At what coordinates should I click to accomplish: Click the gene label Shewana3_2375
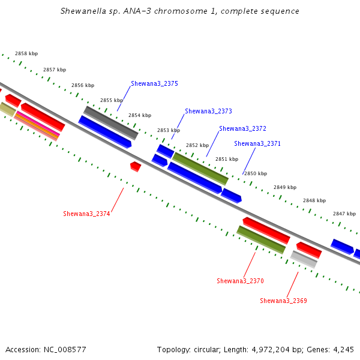click(x=154, y=83)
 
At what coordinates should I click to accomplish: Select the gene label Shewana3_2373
click(x=208, y=111)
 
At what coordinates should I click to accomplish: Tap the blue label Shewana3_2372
click(x=242, y=128)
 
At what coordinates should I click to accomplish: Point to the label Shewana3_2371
click(x=257, y=143)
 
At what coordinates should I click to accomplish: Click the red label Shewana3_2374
click(x=86, y=214)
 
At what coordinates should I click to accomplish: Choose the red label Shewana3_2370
click(x=240, y=281)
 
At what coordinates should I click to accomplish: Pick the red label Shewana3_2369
click(x=283, y=301)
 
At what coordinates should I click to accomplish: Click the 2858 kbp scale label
click(x=26, y=53)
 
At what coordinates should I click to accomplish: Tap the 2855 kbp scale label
click(x=112, y=100)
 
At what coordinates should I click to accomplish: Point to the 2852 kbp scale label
click(x=197, y=145)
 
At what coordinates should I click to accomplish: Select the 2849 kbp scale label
click(x=285, y=187)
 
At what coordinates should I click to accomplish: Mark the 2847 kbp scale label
click(x=344, y=214)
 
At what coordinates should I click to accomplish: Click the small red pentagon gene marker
click(x=136, y=166)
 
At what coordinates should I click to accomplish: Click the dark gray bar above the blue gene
click(x=111, y=123)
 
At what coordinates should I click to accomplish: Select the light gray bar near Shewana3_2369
click(x=304, y=259)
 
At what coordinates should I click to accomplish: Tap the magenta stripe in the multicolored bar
click(x=38, y=123)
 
